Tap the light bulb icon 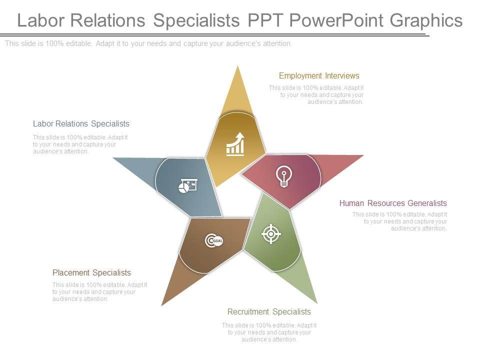284,176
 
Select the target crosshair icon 271,233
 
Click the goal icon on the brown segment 214,241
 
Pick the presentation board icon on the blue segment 188,186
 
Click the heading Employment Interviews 319,76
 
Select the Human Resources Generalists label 393,203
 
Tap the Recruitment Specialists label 269,311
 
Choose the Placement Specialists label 91,272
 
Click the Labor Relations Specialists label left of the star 81,123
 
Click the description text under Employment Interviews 316,94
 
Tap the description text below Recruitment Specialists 269,332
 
